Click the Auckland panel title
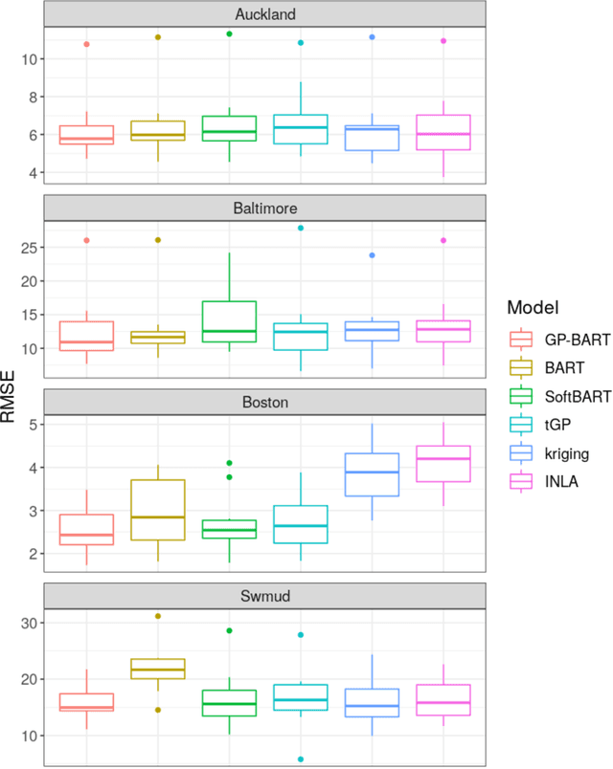pyautogui.click(x=265, y=14)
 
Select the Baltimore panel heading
pyautogui.click(x=265, y=208)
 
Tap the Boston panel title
pyautogui.click(x=265, y=402)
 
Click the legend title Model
pyautogui.click(x=534, y=307)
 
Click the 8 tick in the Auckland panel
pyautogui.click(x=32, y=97)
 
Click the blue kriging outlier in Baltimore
pyautogui.click(x=372, y=255)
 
